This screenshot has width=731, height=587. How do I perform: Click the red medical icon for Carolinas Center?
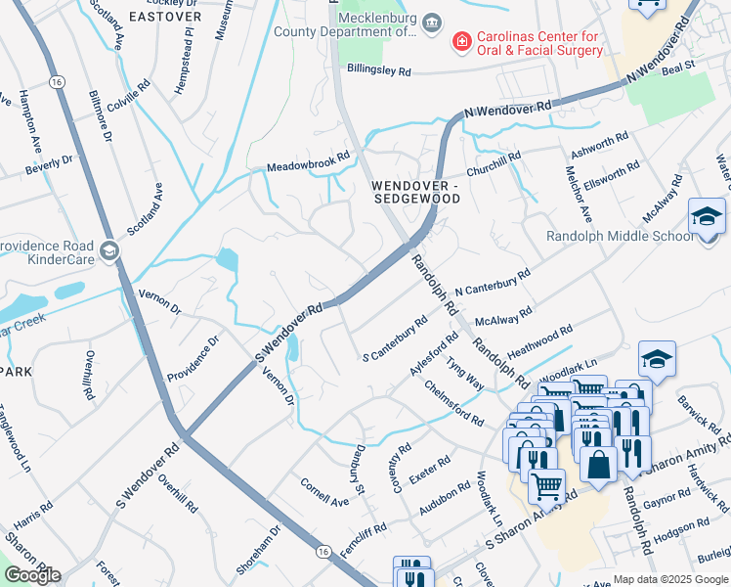pyautogui.click(x=460, y=42)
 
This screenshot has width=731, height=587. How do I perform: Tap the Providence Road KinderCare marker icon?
pyautogui.click(x=108, y=251)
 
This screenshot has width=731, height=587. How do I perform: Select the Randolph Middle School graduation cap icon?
pyautogui.click(x=707, y=216)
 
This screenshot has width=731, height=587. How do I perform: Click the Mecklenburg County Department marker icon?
pyautogui.click(x=434, y=22)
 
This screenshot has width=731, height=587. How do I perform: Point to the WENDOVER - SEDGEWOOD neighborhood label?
pyautogui.click(x=414, y=191)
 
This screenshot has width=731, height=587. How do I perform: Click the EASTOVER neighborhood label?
pyautogui.click(x=164, y=17)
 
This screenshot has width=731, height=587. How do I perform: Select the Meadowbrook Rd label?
pyautogui.click(x=308, y=162)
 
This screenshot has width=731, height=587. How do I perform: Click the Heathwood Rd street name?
pyautogui.click(x=539, y=342)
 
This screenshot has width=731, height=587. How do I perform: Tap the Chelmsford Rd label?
pyautogui.click(x=453, y=403)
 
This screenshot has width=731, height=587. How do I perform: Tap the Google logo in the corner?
pyautogui.click(x=31, y=575)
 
